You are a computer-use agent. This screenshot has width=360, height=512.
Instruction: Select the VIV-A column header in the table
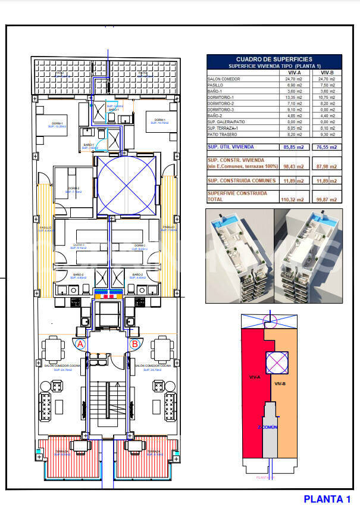(292, 72)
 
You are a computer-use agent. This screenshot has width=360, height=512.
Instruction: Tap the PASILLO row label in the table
(215, 85)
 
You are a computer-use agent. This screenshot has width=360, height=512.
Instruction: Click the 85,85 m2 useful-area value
(292, 146)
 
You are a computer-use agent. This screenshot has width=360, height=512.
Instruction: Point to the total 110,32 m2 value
(292, 199)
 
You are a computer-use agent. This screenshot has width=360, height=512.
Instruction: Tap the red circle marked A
(80, 344)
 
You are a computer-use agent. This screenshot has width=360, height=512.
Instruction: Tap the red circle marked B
(134, 344)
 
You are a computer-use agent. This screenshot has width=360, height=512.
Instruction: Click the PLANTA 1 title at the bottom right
(327, 499)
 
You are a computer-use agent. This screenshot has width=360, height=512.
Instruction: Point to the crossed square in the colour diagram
(276, 363)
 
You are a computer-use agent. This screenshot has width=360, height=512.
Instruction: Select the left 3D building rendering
(239, 256)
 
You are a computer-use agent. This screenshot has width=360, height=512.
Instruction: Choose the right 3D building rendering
(308, 256)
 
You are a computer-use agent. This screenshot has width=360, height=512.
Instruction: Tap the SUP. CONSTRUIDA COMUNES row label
(242, 180)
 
